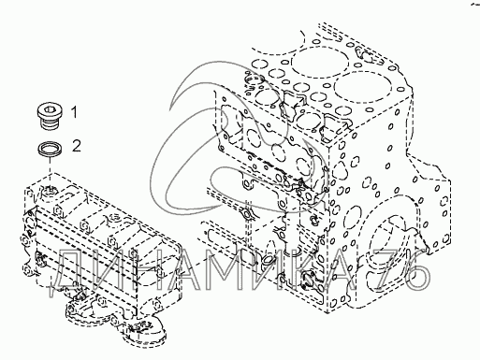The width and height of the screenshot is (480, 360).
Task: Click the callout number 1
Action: (74, 112)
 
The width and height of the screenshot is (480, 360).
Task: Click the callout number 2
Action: (77, 146)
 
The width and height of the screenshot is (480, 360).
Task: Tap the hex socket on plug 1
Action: (50, 109)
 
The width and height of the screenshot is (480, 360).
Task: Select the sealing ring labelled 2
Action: (50, 149)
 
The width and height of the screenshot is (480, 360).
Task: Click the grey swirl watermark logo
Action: (237, 137)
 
